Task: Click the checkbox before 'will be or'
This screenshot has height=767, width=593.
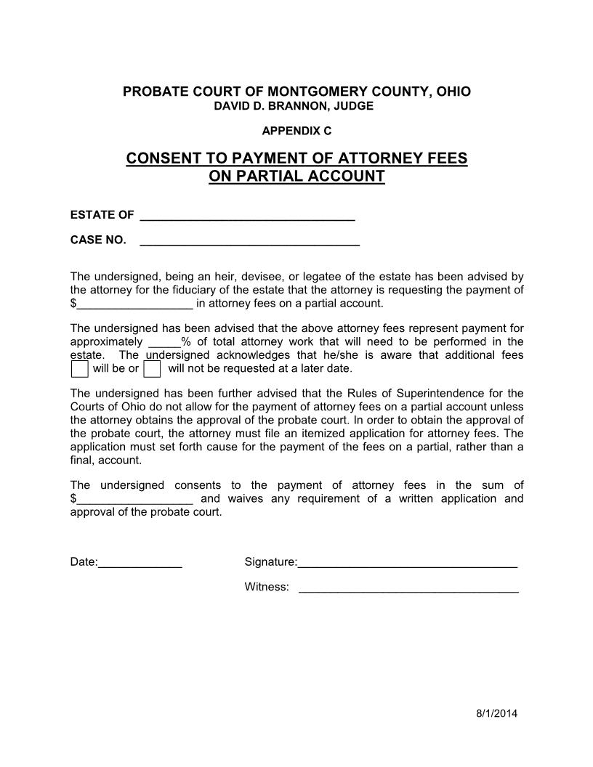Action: click(x=80, y=369)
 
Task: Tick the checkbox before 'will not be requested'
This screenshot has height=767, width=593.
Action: click(x=152, y=369)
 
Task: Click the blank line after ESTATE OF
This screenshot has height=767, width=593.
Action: click(x=246, y=215)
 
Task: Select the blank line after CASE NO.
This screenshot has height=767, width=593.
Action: click(x=249, y=240)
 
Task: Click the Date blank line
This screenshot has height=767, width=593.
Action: click(x=140, y=562)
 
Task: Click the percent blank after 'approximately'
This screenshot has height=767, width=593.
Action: click(x=164, y=342)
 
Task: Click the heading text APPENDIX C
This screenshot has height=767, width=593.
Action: click(x=296, y=131)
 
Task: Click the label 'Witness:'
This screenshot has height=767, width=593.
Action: click(x=267, y=587)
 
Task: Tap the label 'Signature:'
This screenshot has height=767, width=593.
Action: click(x=270, y=562)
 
